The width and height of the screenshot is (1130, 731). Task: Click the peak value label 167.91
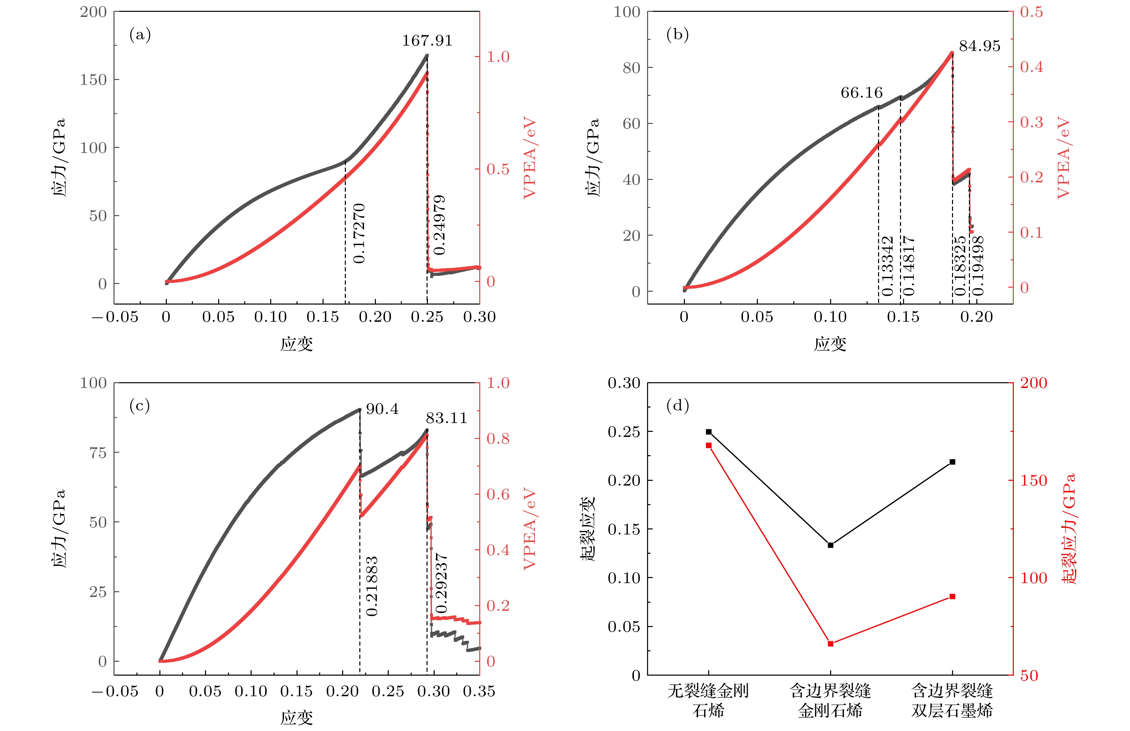coord(427,41)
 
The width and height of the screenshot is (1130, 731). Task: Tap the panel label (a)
coord(140,35)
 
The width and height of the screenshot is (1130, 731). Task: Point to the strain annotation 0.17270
coord(359,234)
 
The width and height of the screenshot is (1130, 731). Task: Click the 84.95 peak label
coord(979,46)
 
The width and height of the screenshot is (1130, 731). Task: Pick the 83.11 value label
coord(446,418)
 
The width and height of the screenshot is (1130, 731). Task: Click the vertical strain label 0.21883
coord(372,586)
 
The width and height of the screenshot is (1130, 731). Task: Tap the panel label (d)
coord(677,406)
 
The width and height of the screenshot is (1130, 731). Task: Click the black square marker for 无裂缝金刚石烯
coord(709,432)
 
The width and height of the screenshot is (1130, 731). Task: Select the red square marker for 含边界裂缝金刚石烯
coord(830,644)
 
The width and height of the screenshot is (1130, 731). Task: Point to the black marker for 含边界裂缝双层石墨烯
coord(952,462)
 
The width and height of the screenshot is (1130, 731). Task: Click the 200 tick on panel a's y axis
coord(93,12)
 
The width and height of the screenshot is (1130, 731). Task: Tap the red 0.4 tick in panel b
coord(1031,67)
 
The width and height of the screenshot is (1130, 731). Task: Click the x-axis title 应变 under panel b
coord(830,344)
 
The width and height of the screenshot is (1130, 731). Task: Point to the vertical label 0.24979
coord(440,225)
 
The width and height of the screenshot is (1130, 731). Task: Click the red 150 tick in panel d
coord(1033,480)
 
